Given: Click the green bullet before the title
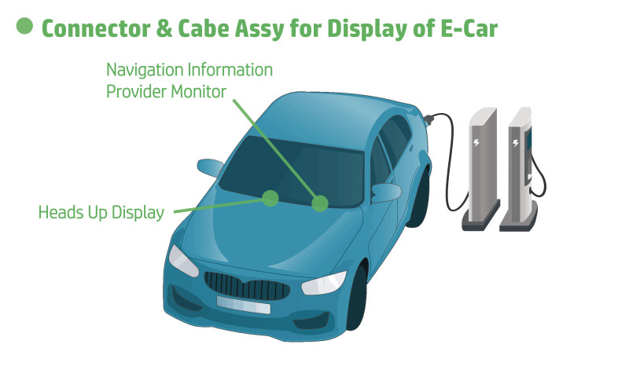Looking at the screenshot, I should [24, 26].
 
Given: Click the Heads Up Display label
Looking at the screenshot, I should [101, 212].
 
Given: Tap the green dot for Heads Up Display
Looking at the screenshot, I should [270, 197].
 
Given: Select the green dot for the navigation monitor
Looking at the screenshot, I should [319, 204].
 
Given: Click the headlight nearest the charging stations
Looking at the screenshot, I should [324, 282].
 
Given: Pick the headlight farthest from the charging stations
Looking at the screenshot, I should [183, 260].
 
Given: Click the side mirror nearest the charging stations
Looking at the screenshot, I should [385, 192].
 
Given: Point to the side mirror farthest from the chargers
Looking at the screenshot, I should [211, 167].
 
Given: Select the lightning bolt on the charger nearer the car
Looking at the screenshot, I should [476, 144].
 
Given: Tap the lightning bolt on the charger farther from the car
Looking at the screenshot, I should [517, 144].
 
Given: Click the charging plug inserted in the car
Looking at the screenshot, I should [429, 120].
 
